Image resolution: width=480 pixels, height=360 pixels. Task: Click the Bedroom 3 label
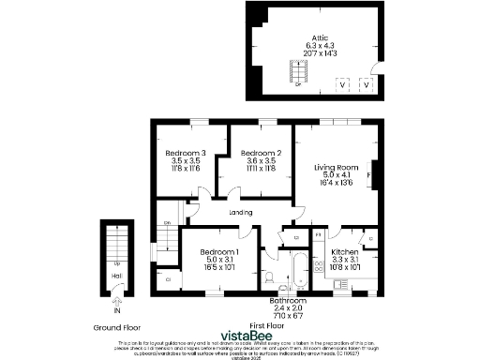pyautogui.click(x=185, y=153)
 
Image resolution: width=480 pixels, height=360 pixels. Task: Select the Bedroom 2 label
pyautogui.click(x=261, y=153)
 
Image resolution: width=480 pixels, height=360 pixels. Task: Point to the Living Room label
pyautogui.click(x=337, y=166)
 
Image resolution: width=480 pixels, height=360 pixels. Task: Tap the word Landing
pyautogui.click(x=241, y=213)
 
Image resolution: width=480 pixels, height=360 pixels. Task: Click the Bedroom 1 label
pyautogui.click(x=219, y=252)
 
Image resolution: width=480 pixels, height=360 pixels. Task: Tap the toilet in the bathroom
pyautogui.click(x=270, y=277)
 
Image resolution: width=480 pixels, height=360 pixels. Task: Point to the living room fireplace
pyautogui.click(x=372, y=175)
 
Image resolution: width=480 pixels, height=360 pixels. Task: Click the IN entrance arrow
pyautogui.click(x=116, y=303)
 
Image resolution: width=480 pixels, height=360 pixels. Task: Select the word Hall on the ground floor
pyautogui.click(x=116, y=277)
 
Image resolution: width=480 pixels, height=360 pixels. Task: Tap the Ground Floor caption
pyautogui.click(x=116, y=328)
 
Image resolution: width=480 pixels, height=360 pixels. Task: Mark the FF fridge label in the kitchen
pyautogui.click(x=318, y=233)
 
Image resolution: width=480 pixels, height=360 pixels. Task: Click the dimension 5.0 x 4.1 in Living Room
pyautogui.click(x=337, y=174)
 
